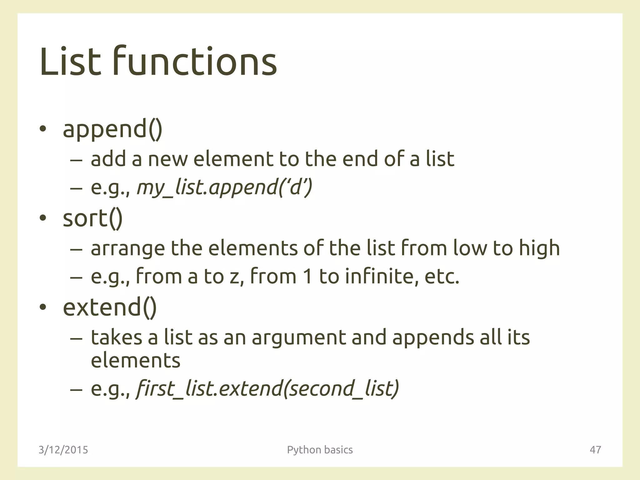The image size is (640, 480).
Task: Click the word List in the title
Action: coord(70,62)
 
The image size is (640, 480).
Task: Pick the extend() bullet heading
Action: coord(110,307)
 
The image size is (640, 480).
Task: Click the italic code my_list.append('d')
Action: coord(224,188)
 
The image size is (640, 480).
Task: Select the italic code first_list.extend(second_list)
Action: coord(267,389)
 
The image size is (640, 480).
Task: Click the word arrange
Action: coord(127,249)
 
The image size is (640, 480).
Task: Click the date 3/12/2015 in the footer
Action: coord(63,450)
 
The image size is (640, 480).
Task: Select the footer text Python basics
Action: coord(320,450)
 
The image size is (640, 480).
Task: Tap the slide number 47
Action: coord(595,450)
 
